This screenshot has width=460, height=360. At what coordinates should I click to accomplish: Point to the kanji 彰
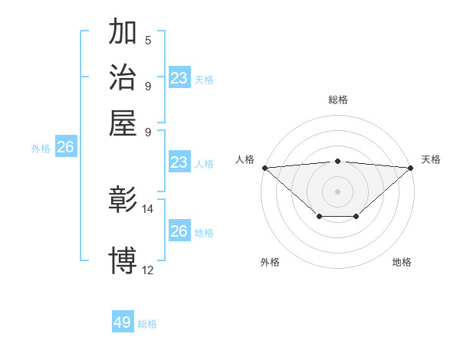[123, 200]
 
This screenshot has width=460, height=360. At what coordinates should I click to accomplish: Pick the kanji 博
[123, 260]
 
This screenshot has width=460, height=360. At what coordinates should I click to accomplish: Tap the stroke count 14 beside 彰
[148, 208]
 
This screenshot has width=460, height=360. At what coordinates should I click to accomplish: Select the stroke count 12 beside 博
[148, 270]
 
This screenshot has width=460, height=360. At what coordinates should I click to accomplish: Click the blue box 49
[123, 322]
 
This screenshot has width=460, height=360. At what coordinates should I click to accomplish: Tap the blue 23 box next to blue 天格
[179, 78]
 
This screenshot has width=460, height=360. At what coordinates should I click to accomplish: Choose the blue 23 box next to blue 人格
[179, 162]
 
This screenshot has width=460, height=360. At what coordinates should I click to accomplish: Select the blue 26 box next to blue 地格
[179, 231]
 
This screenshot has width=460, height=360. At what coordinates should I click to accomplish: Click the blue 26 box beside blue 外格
[66, 148]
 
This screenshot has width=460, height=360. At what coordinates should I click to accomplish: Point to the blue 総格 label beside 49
[147, 324]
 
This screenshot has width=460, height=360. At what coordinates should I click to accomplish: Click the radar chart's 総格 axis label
[338, 100]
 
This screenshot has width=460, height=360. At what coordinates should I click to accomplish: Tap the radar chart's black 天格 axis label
[431, 159]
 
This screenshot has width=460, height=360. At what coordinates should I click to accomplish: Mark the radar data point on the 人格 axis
[264, 167]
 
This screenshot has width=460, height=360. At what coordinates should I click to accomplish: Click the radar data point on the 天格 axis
[412, 167]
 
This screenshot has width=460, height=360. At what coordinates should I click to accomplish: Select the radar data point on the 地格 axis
[356, 217]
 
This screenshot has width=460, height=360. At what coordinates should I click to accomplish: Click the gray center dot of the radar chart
[338, 191]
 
